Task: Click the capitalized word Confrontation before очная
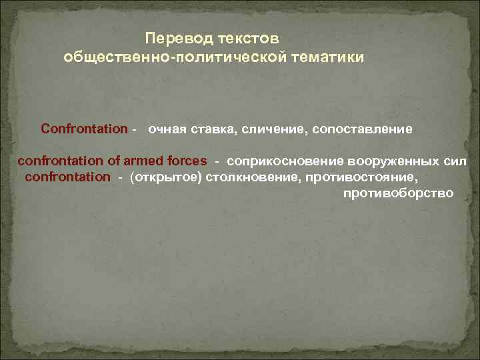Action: [84, 127]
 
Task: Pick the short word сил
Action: [456, 161]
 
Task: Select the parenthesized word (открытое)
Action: [166, 177]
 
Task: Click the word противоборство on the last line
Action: [398, 193]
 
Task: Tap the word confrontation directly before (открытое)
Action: [68, 177]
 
